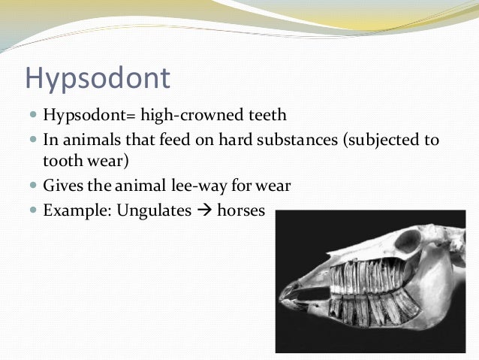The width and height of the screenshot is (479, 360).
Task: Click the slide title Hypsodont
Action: pyautogui.click(x=98, y=78)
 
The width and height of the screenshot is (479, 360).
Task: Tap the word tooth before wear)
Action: pyautogui.click(x=60, y=163)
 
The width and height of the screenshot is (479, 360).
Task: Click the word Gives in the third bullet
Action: pyautogui.click(x=62, y=186)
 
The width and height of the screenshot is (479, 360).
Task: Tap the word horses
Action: pyautogui.click(x=241, y=210)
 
